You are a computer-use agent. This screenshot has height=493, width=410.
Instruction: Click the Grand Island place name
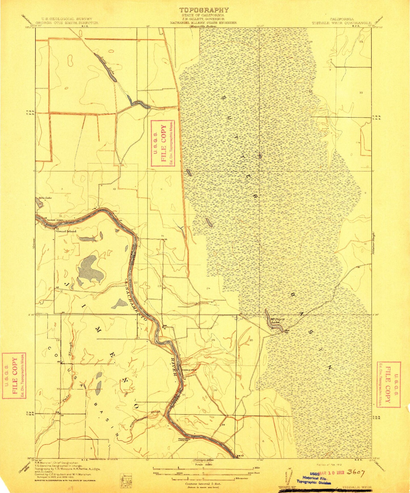tap(66, 231)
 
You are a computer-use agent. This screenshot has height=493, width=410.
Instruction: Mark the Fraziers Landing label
tap(183, 440)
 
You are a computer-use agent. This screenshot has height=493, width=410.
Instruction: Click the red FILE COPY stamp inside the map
tap(163, 143)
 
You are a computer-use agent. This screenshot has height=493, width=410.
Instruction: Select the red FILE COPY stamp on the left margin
tap(14, 375)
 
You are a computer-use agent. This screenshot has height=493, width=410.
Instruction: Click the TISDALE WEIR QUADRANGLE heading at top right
tap(342, 23)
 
